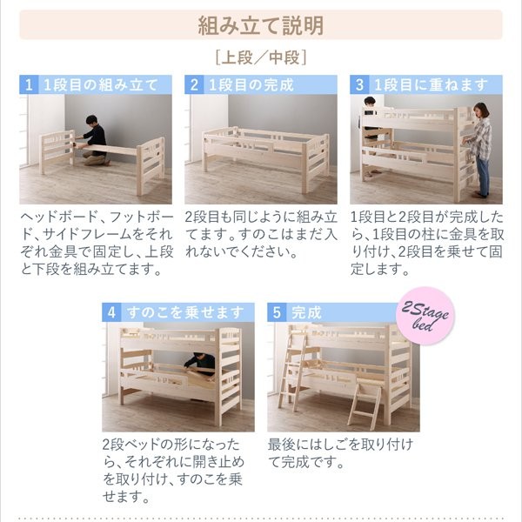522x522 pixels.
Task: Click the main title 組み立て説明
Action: [x=261, y=25]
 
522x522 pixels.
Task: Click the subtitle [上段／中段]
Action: [x=261, y=57]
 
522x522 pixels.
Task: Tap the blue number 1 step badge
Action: [x=29, y=84]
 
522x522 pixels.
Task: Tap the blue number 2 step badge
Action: [x=194, y=84]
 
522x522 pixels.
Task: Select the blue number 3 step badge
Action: [x=359, y=84]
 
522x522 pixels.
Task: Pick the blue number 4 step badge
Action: [x=111, y=312]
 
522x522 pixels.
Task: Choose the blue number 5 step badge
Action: [x=277, y=312]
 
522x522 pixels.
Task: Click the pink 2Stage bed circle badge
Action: [x=425, y=316]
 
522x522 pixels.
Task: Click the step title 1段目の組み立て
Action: [x=101, y=85]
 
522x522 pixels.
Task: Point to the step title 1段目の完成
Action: [x=251, y=85]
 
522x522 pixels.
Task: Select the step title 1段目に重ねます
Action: [x=432, y=85]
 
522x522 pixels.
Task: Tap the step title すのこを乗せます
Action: [x=185, y=312]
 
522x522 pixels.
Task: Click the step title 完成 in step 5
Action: [x=306, y=312]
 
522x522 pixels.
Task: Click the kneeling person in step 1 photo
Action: [x=94, y=141]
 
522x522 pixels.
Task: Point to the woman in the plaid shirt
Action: [x=479, y=150]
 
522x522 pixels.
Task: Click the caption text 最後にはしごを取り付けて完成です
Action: [x=340, y=453]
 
